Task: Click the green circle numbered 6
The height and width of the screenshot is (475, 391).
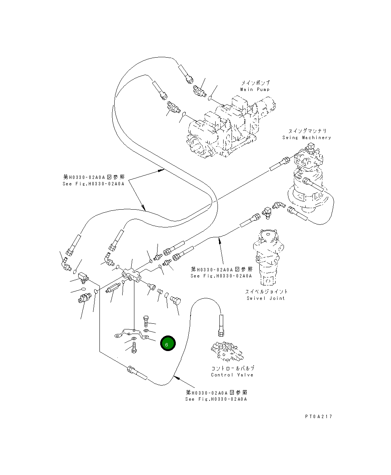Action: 167,343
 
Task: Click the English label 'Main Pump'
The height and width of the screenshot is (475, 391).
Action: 255,89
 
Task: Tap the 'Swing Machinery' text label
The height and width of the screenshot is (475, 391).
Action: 306,138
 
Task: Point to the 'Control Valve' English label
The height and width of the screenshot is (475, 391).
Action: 232,375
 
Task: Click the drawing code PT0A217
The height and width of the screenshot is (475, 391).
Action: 318,416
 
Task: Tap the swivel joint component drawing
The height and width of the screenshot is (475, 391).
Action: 269,256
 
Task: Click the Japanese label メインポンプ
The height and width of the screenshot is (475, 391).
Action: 255,83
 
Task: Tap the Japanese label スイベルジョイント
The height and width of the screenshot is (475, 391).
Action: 266,292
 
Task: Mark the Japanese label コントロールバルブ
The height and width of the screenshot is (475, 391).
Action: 232,368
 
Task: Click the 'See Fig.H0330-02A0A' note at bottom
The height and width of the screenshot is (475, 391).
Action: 216,399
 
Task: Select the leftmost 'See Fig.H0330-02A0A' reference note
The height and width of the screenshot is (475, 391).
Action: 93,184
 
